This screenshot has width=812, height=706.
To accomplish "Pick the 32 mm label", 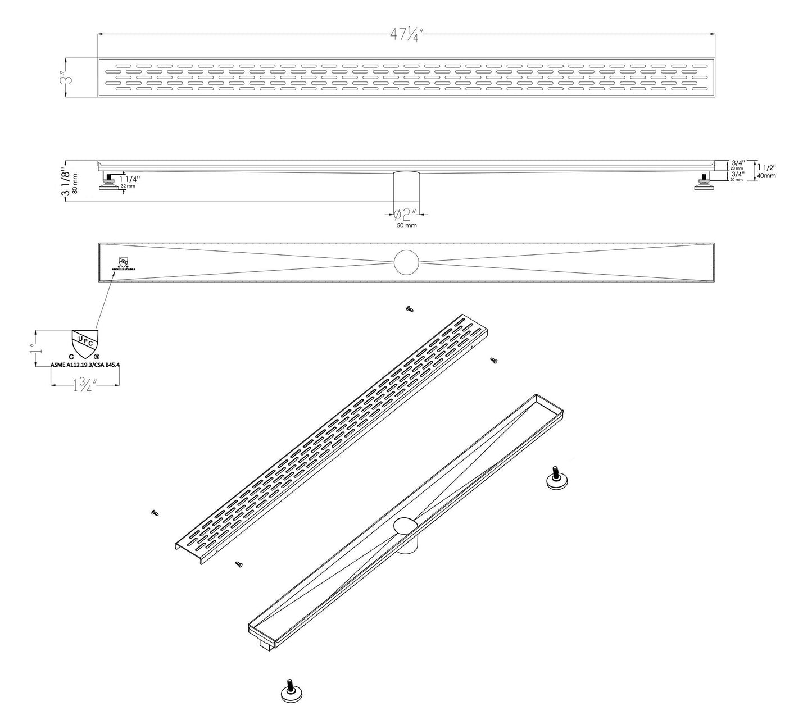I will click(x=127, y=185).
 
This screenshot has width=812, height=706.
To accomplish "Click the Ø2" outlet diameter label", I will click(x=405, y=214).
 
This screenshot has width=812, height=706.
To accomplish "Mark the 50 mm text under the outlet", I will click(x=406, y=225).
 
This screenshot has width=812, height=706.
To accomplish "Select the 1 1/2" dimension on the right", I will click(x=766, y=167).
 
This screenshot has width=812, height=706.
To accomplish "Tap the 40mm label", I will click(x=766, y=175).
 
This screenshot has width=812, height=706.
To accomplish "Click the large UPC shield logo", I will click(x=85, y=344).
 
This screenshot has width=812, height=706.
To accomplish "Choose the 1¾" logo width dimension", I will click(x=84, y=386).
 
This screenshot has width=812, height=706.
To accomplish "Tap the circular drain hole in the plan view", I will click(x=406, y=263).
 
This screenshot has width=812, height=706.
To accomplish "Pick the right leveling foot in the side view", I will click(x=703, y=183).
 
